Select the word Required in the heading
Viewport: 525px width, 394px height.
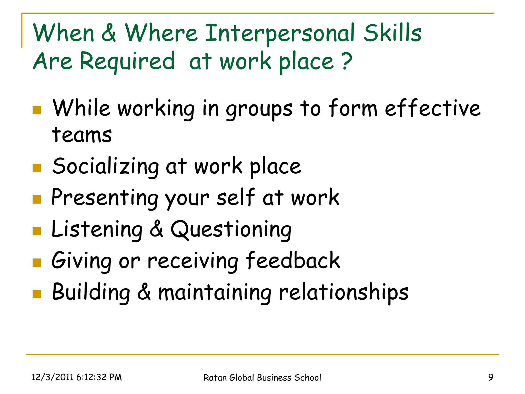[x=127, y=62]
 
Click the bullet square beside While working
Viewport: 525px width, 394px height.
[x=37, y=110]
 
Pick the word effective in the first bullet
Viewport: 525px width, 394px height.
[x=432, y=108]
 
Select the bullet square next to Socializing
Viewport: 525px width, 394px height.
[x=37, y=168]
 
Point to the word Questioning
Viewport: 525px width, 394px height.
[x=231, y=230]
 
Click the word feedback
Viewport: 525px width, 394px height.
[x=292, y=260]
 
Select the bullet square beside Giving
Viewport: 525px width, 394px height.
[x=37, y=262]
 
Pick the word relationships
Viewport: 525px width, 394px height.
[x=344, y=292]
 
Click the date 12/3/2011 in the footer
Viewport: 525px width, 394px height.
[x=53, y=377]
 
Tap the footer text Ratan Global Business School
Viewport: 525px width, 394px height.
[x=262, y=378]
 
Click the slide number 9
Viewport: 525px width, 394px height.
[x=491, y=377]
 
